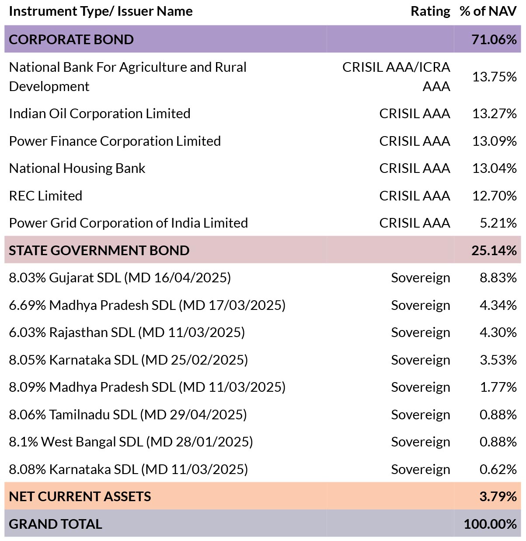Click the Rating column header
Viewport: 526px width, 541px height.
(x=430, y=12)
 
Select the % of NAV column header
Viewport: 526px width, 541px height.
(x=488, y=11)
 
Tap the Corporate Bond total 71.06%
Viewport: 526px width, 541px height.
(x=494, y=39)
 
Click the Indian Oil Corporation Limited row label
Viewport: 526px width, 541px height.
(x=100, y=114)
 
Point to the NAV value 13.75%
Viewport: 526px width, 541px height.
(x=495, y=77)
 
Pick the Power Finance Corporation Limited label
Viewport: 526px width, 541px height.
(x=115, y=141)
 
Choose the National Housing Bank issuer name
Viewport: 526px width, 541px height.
(x=77, y=169)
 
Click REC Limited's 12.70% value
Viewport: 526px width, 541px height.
(x=495, y=196)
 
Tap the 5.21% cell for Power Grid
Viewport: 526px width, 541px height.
(x=498, y=223)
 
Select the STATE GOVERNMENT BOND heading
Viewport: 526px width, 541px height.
(x=99, y=250)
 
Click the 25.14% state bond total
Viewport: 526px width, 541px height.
(x=494, y=250)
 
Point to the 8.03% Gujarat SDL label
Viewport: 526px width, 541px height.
(x=120, y=278)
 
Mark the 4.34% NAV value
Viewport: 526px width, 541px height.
(x=498, y=305)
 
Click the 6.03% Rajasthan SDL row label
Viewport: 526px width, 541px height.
(x=127, y=333)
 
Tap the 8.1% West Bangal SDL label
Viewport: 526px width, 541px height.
(x=131, y=443)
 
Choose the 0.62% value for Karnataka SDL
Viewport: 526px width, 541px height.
(x=498, y=470)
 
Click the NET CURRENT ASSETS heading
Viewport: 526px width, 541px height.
(x=80, y=497)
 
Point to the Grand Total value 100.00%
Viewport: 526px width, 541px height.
(x=490, y=524)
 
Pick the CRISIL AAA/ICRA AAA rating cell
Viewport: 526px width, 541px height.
(x=396, y=77)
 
